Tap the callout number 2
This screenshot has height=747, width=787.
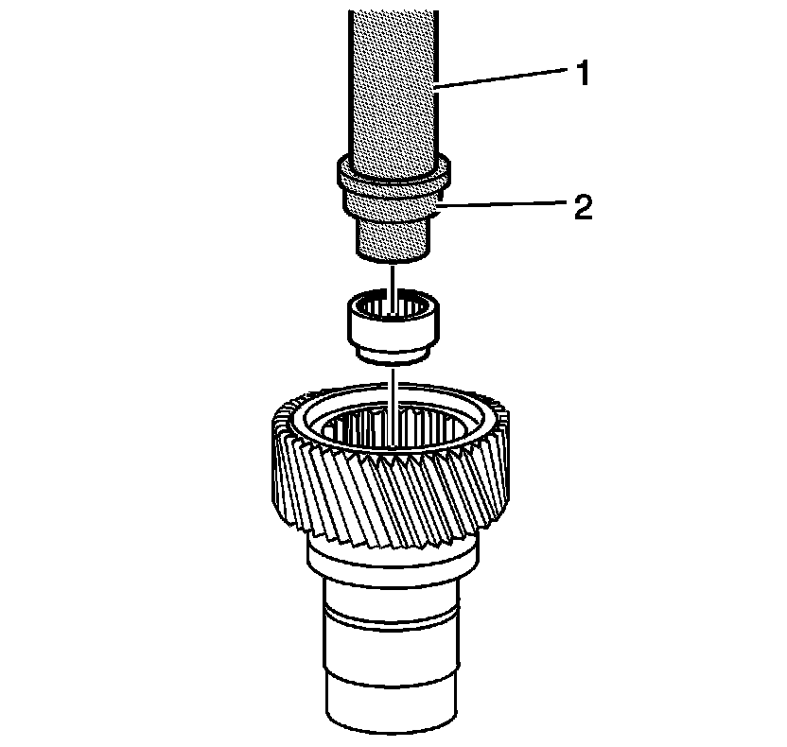tap(579, 207)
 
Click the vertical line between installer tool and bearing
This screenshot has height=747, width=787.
tap(391, 277)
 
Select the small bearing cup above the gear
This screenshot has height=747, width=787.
tap(392, 326)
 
